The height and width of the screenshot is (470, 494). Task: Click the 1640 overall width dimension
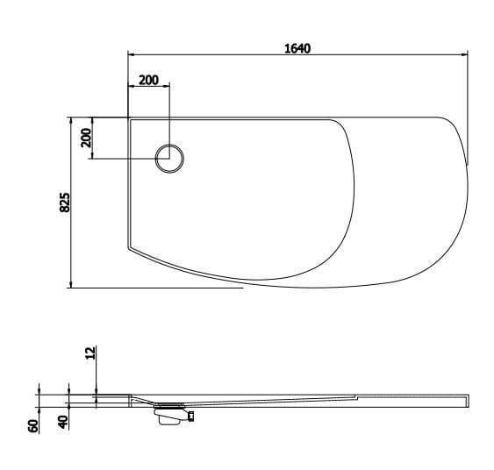click(x=297, y=48)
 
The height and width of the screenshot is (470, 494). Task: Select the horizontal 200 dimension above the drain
click(x=149, y=80)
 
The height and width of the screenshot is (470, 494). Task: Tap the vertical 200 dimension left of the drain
click(x=86, y=138)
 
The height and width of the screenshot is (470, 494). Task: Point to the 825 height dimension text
click(x=64, y=203)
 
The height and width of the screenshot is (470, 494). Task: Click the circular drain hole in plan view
click(x=169, y=159)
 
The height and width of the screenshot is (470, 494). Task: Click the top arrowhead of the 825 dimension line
click(x=70, y=118)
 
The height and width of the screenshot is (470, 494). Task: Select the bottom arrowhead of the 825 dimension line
click(x=70, y=286)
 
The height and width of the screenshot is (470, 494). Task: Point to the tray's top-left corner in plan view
click(x=129, y=117)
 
